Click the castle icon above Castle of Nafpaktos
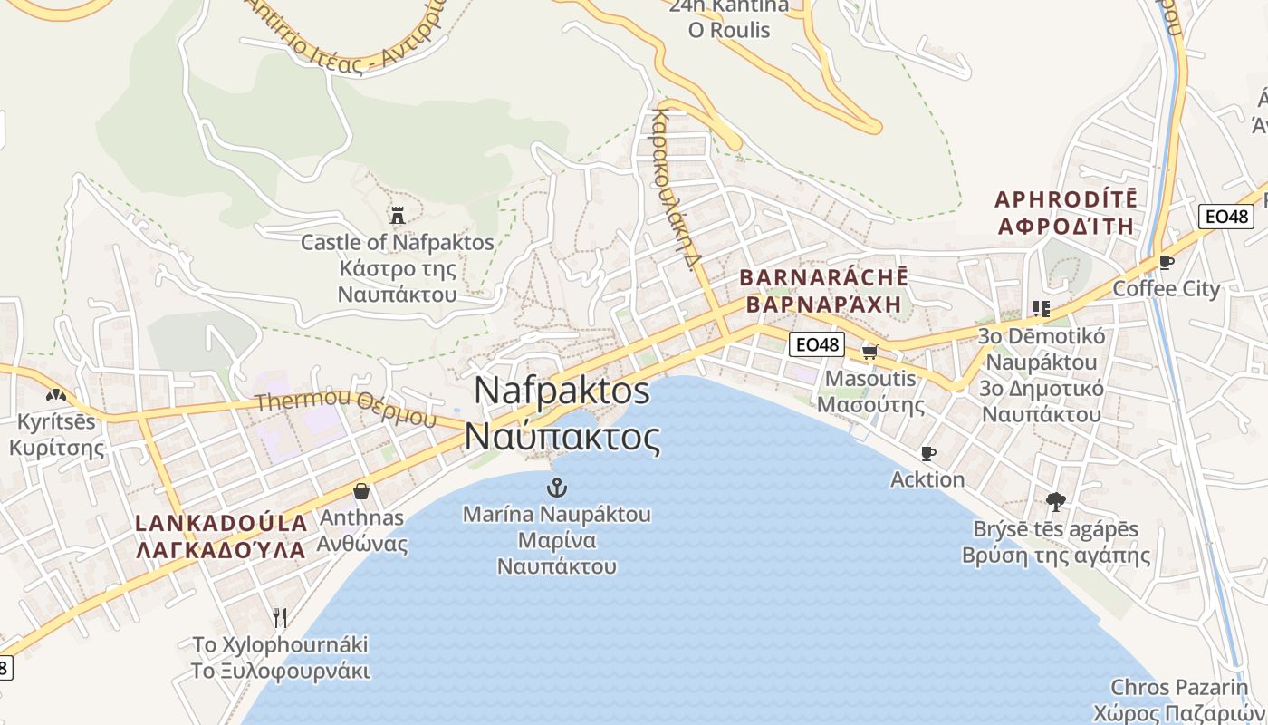pyautogui.click(x=397, y=216)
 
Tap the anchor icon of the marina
pyautogui.click(x=557, y=488)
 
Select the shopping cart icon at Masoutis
pyautogui.click(x=870, y=352)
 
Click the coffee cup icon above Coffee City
pyautogui.click(x=1167, y=263)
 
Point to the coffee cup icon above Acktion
pyautogui.click(x=927, y=453)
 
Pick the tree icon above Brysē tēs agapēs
pyautogui.click(x=1055, y=501)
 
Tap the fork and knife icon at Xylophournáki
pyautogui.click(x=280, y=618)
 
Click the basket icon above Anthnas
pyautogui.click(x=361, y=491)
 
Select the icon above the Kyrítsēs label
pyautogui.click(x=56, y=395)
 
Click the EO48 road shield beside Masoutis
pyautogui.click(x=816, y=344)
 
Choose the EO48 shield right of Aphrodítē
pyautogui.click(x=1226, y=217)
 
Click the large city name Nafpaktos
pyautogui.click(x=562, y=391)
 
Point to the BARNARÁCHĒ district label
pyautogui.click(x=823, y=277)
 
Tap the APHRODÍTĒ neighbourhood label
pyautogui.click(x=1065, y=199)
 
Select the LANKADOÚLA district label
pyautogui.click(x=221, y=523)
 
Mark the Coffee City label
pyautogui.click(x=1166, y=289)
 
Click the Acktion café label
pyautogui.click(x=927, y=479)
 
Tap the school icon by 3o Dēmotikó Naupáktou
pyautogui.click(x=1041, y=309)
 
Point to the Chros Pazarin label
pyautogui.click(x=1179, y=687)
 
